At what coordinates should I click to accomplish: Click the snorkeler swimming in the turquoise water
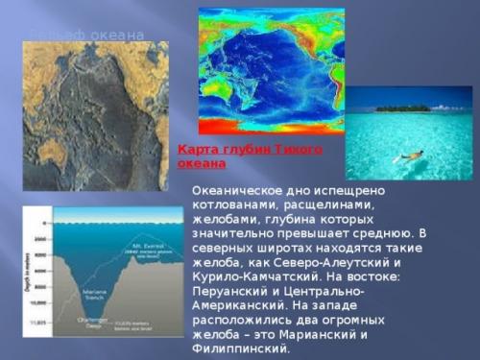(x=411, y=155)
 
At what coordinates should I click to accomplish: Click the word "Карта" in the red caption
(x=198, y=151)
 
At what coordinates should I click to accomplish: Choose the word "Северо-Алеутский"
(x=329, y=262)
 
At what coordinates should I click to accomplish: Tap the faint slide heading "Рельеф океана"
(x=86, y=36)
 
